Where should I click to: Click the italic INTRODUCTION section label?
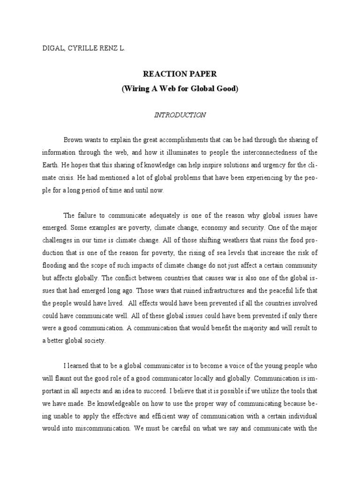(x=180, y=115)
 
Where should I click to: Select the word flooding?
(x=56, y=265)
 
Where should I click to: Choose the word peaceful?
(x=265, y=290)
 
